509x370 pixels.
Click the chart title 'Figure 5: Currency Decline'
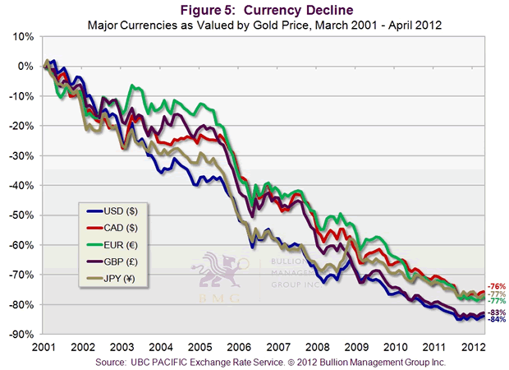(254, 9)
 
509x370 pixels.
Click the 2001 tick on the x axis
(45, 346)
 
